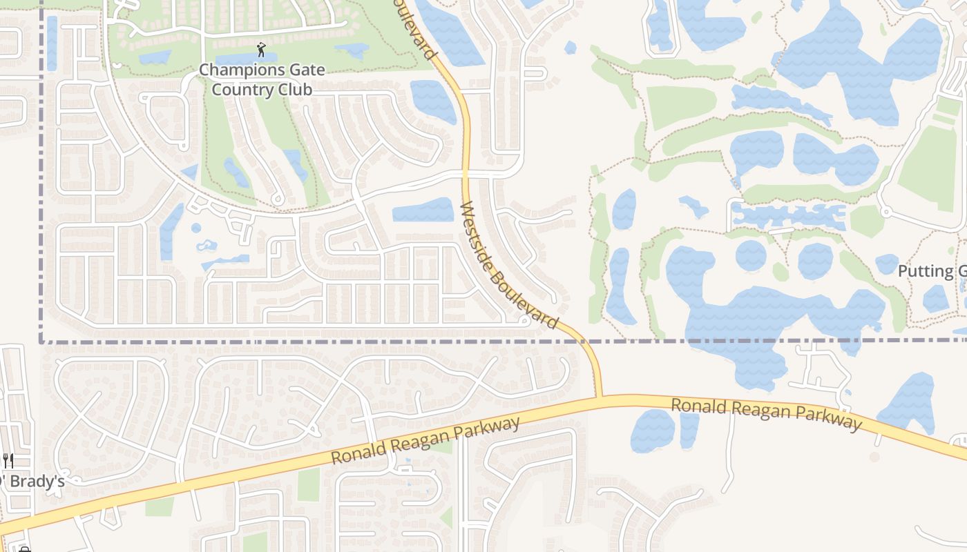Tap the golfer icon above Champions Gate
click(x=261, y=50)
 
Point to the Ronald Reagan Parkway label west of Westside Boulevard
click(x=425, y=441)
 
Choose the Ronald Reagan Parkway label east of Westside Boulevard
click(x=767, y=413)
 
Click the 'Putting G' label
click(x=931, y=271)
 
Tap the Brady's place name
click(x=33, y=482)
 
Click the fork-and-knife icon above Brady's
click(x=8, y=460)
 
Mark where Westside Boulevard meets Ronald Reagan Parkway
click(x=599, y=397)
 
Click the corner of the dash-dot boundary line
click(x=41, y=341)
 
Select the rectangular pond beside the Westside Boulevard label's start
click(x=423, y=210)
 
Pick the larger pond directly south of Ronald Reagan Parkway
click(x=652, y=431)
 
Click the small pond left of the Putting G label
click(x=886, y=264)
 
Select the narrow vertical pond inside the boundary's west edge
click(x=52, y=43)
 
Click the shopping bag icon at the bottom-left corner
click(x=25, y=549)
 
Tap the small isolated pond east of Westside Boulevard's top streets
click(x=570, y=48)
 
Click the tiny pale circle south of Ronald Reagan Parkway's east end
click(x=874, y=457)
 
